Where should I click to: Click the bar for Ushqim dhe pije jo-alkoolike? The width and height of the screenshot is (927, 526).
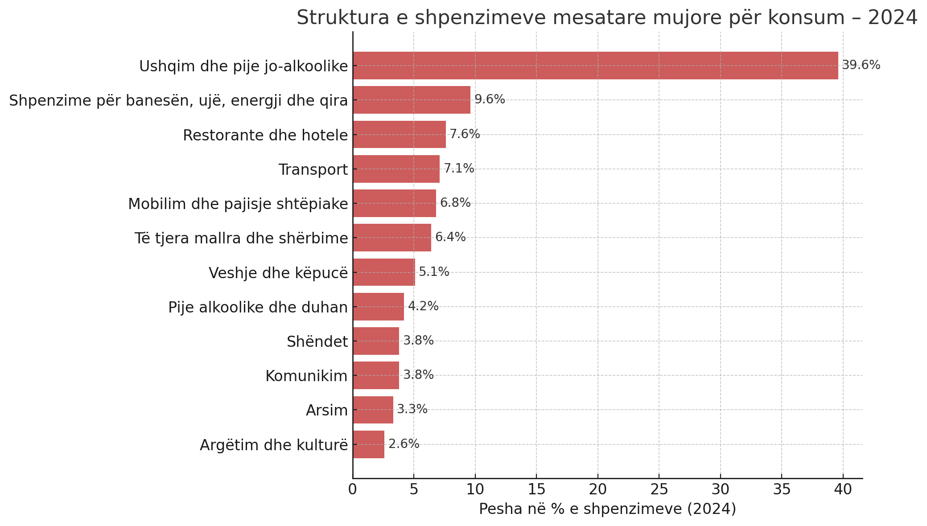click(595, 66)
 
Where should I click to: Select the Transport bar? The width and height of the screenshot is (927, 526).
click(396, 169)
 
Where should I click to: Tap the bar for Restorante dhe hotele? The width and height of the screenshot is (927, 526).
click(399, 134)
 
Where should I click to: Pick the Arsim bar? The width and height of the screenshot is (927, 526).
click(373, 410)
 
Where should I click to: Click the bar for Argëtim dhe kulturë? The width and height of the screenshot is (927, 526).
click(368, 444)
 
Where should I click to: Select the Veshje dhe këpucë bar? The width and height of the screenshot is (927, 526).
click(384, 272)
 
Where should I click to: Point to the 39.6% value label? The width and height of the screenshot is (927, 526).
click(861, 65)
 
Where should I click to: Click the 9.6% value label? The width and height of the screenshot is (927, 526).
click(489, 99)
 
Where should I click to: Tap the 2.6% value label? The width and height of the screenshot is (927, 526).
click(404, 444)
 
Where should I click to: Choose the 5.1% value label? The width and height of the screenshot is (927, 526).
click(433, 272)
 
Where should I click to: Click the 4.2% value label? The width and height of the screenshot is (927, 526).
click(423, 306)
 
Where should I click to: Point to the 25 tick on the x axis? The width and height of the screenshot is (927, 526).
click(659, 489)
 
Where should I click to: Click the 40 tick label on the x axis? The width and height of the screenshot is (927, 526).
click(843, 489)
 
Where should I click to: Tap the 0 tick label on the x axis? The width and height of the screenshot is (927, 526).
click(353, 489)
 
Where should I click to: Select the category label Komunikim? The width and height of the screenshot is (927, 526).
click(306, 376)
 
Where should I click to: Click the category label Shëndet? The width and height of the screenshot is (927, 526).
click(317, 341)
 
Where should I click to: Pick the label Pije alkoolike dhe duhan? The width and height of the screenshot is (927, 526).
click(258, 307)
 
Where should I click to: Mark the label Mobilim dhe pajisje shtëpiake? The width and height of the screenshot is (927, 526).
click(238, 204)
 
